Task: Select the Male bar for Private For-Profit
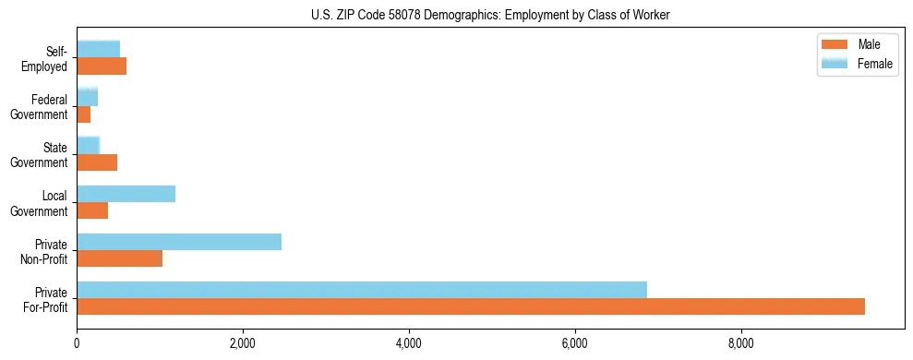click(471, 306)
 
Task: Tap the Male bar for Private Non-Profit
click(120, 258)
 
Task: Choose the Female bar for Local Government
click(126, 194)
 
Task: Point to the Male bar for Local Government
click(92, 210)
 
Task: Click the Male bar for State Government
click(97, 162)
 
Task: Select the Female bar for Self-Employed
click(99, 49)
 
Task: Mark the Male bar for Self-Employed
click(102, 66)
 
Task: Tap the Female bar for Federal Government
click(88, 97)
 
